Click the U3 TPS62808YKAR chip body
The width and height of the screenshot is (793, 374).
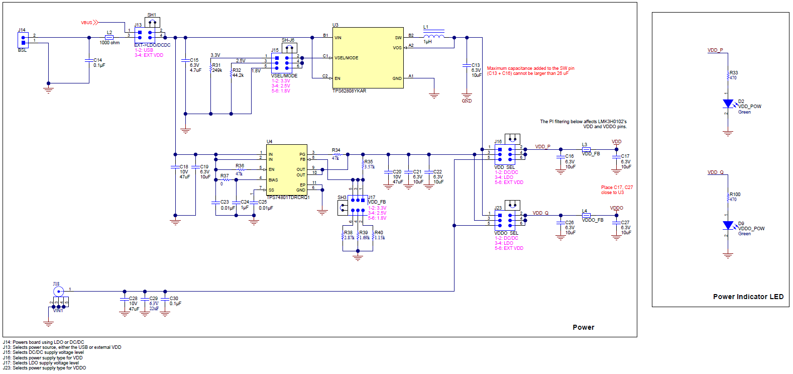[368, 58]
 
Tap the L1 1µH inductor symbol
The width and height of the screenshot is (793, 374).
[434, 36]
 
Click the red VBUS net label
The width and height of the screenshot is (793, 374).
[87, 23]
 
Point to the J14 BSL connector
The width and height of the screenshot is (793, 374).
[23, 40]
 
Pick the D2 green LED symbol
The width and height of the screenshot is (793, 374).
[728, 104]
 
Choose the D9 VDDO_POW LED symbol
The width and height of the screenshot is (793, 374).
[728, 226]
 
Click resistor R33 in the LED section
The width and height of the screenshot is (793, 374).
[728, 76]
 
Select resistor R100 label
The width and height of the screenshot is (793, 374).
[735, 195]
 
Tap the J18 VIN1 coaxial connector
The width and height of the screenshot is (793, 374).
[58, 292]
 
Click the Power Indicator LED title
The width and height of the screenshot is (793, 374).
[748, 297]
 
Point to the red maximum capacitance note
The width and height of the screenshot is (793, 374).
[530, 71]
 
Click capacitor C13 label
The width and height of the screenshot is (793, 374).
[476, 65]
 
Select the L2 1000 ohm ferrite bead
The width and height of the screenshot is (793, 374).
[109, 37]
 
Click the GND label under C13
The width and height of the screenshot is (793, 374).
[467, 101]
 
